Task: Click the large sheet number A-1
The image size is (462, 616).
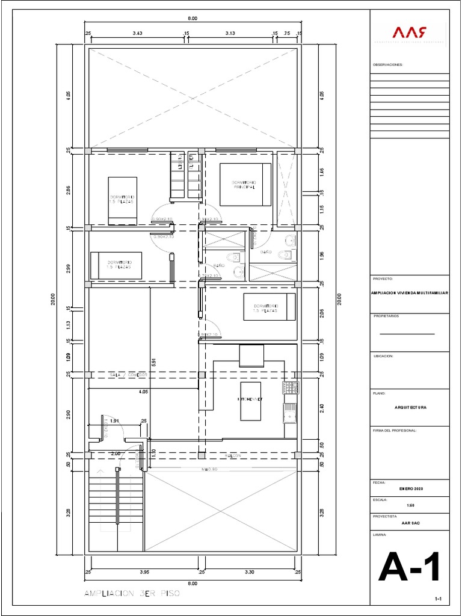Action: (409, 567)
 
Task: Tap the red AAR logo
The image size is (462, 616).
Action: (410, 32)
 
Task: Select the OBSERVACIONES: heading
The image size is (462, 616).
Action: (388, 64)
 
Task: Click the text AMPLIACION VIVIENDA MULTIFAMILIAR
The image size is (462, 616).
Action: (410, 292)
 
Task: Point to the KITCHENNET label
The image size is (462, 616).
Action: (249, 399)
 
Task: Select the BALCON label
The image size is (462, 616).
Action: (233, 456)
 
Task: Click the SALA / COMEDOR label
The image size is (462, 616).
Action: (129, 374)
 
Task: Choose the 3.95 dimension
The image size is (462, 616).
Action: (144, 572)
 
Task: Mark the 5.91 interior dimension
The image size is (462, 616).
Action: (154, 361)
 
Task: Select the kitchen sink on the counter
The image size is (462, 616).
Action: (290, 413)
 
